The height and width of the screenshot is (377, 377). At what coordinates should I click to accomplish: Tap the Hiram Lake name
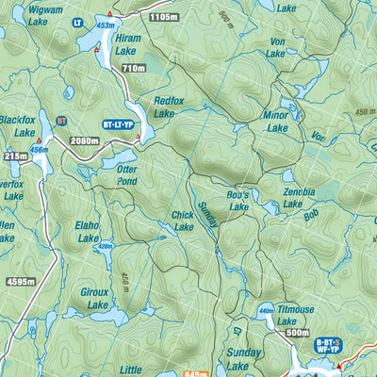[x=125, y=45]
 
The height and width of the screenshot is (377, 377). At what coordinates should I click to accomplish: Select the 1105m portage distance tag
[x=163, y=17]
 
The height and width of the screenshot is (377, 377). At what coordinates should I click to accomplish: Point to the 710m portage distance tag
[x=133, y=69]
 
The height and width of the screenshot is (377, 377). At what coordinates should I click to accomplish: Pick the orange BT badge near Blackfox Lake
[x=61, y=121]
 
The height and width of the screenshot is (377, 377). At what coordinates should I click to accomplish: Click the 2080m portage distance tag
[x=85, y=140]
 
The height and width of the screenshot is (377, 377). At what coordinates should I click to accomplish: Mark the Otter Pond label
[x=126, y=174]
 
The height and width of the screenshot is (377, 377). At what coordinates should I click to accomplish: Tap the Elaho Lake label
[x=87, y=232]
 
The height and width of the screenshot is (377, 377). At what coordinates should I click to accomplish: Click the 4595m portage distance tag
[x=18, y=281]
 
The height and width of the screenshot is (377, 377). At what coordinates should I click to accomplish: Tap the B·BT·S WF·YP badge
[x=329, y=348]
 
